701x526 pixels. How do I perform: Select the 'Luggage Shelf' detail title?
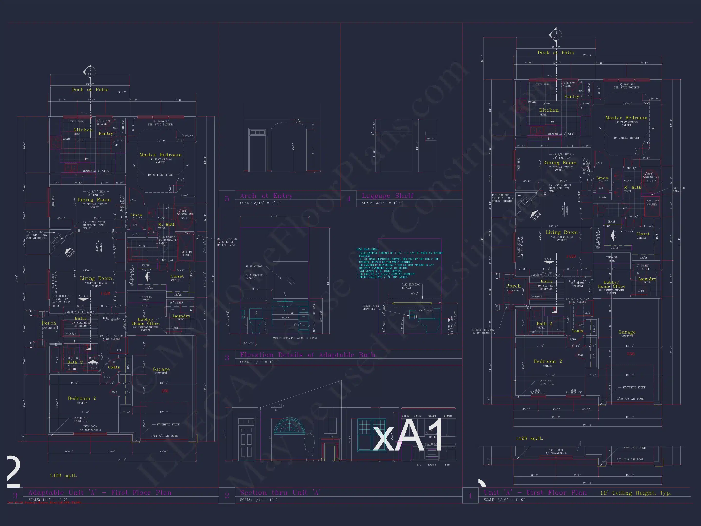pos(387,196)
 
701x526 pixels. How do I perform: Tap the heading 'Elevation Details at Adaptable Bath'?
pos(307,355)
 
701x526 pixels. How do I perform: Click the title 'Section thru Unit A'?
pos(280,492)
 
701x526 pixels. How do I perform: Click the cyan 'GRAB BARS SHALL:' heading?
pos(367,249)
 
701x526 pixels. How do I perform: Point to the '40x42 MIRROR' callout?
pos(254,267)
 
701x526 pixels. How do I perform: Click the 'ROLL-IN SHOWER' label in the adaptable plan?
pos(186,253)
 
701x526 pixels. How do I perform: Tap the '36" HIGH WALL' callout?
pos(679,189)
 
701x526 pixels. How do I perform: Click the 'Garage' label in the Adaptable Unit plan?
pos(161,369)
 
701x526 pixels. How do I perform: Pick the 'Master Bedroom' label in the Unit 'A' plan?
pos(626,118)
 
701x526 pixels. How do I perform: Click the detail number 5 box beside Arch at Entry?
pos(227,199)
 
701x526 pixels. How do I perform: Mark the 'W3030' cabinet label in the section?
pos(432,416)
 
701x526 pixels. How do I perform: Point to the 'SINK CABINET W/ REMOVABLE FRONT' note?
pos(168,240)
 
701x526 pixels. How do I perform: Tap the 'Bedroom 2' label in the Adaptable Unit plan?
pos(82,398)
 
